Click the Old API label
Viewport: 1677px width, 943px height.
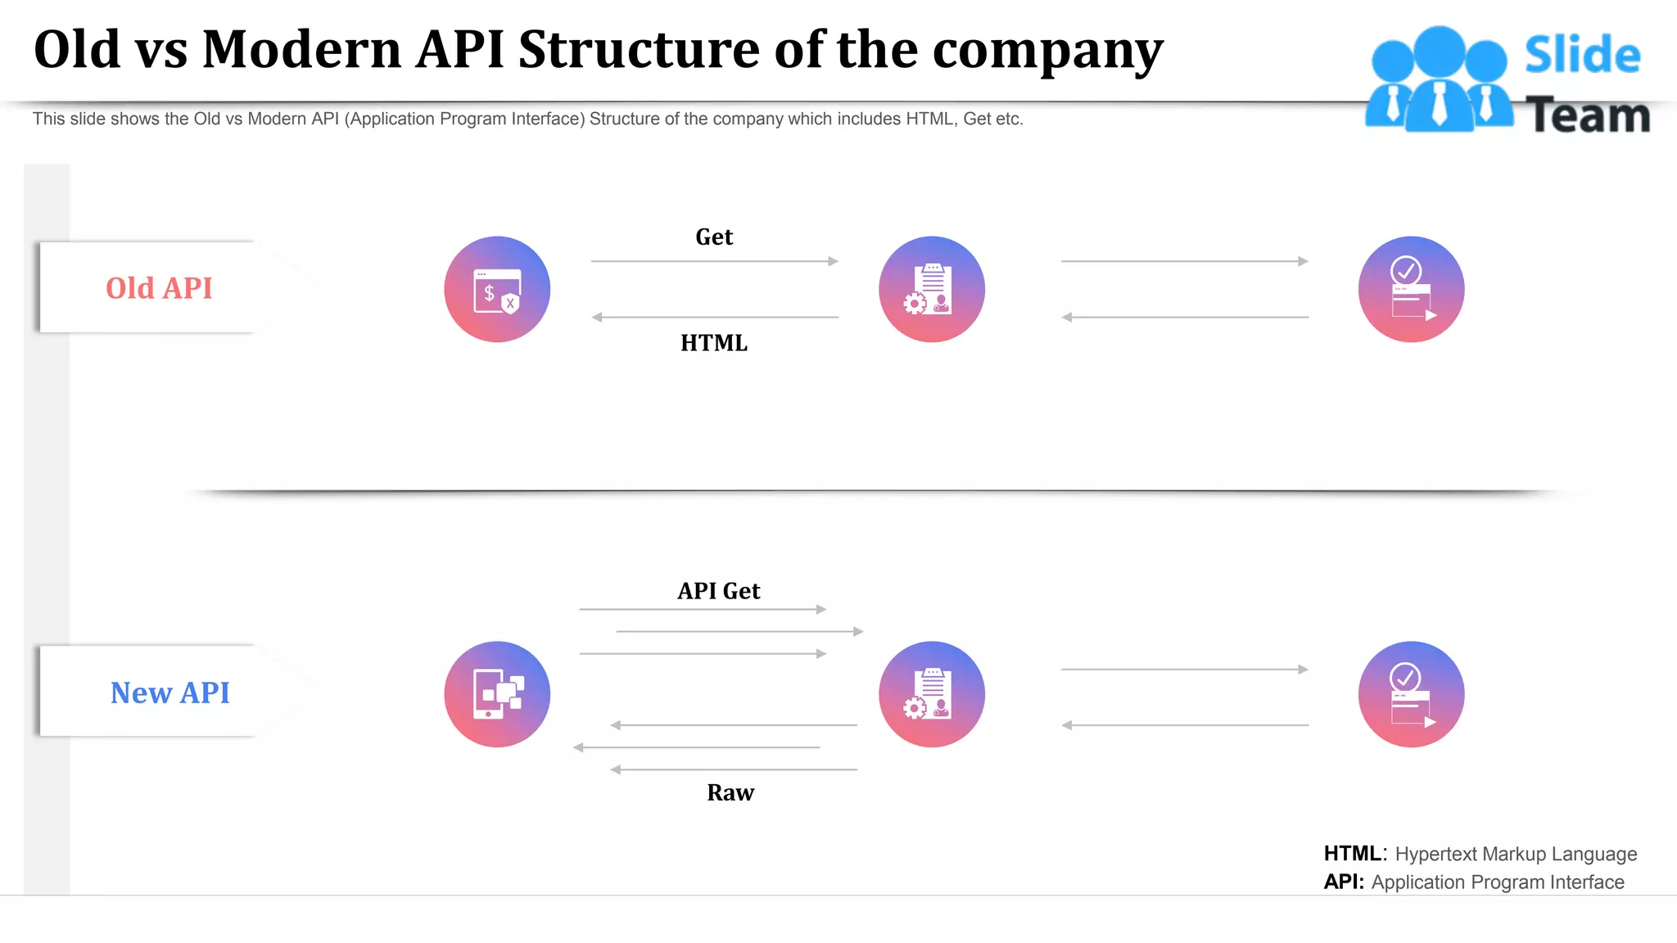click(159, 288)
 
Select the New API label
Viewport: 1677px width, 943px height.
click(170, 693)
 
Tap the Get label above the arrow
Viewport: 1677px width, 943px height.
click(714, 237)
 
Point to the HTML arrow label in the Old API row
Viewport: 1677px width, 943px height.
click(714, 343)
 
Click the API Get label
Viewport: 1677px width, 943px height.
click(719, 591)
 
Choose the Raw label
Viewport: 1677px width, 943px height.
click(730, 792)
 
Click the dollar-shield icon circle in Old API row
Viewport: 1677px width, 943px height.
click(497, 289)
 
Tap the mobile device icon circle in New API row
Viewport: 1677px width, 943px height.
click(497, 694)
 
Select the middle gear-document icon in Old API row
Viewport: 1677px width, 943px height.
click(932, 289)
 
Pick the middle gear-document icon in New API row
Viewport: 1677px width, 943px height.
click(932, 694)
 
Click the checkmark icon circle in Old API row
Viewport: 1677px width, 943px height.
click(1411, 289)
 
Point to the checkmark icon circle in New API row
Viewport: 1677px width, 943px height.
click(1411, 694)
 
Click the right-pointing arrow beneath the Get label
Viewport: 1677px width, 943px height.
click(714, 261)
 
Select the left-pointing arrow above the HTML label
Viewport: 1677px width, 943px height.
click(714, 317)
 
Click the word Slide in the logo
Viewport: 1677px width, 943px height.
click(1582, 56)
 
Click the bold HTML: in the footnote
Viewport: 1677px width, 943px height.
click(1355, 854)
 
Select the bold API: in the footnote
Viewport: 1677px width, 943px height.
click(1344, 882)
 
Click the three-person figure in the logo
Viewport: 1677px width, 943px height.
click(1439, 79)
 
